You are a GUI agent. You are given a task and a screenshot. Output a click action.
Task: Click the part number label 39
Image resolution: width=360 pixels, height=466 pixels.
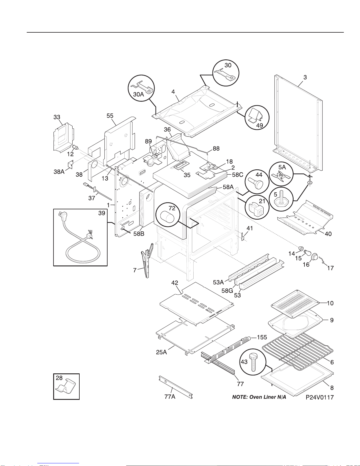click(101, 213)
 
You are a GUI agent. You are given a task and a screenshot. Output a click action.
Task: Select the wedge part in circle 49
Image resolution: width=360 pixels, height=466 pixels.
click(254, 115)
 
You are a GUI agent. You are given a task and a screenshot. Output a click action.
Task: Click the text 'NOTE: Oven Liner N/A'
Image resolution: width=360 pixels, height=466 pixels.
click(259, 397)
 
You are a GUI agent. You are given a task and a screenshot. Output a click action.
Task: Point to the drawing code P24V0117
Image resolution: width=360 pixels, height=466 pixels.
click(320, 397)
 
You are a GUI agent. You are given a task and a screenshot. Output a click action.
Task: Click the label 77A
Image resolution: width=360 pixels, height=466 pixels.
click(170, 397)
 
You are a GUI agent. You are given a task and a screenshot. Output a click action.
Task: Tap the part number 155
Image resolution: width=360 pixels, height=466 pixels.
click(262, 337)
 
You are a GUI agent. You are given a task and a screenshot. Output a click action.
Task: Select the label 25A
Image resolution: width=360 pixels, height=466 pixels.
click(161, 352)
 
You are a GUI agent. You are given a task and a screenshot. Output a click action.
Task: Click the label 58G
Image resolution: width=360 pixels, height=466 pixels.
click(227, 291)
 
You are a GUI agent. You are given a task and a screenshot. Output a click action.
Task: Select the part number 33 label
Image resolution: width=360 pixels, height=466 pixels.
click(57, 117)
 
